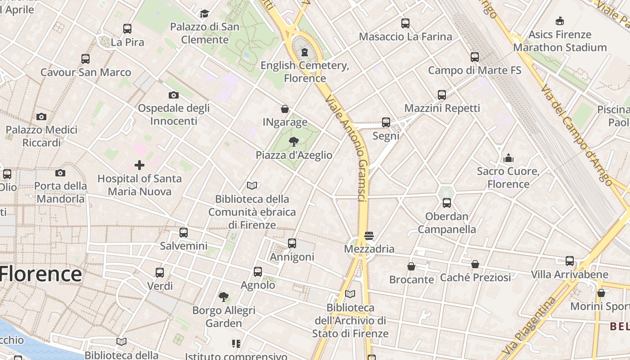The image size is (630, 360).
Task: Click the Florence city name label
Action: [x=41, y=274]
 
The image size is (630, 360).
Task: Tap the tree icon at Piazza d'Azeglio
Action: [x=294, y=142]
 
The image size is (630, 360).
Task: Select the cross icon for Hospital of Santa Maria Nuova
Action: [x=139, y=165]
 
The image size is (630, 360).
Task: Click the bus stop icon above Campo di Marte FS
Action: [x=475, y=57]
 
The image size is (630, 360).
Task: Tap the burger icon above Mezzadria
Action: [x=369, y=235]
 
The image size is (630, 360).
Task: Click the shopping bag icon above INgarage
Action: [x=285, y=109]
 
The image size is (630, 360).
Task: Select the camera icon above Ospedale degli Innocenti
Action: [x=174, y=95]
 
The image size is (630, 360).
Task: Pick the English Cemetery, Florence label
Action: [x=305, y=72]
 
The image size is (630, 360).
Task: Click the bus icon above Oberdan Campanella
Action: [x=447, y=203]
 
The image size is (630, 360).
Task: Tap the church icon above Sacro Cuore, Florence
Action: [x=508, y=158]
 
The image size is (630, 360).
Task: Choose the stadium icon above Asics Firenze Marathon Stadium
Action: [x=560, y=21]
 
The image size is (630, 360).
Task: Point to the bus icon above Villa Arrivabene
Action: [x=570, y=261]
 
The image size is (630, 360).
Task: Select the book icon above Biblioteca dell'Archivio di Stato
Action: [x=350, y=294]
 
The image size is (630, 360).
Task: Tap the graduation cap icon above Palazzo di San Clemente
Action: [x=205, y=13]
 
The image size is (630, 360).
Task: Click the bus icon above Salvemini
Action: [x=184, y=233]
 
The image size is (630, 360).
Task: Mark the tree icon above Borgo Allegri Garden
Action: [x=224, y=297]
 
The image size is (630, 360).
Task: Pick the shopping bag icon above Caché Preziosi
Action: [x=475, y=264]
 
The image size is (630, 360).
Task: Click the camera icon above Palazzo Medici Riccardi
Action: [x=41, y=117]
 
